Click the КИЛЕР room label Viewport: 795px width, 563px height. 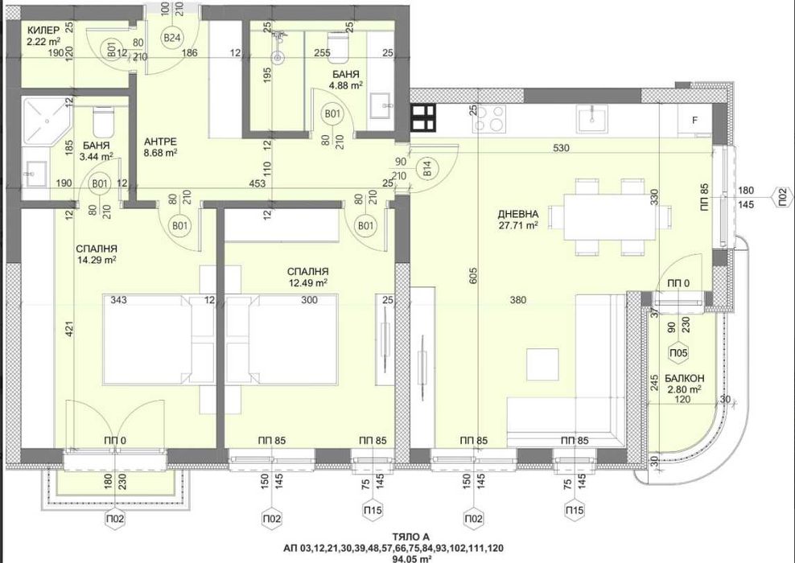click(43, 30)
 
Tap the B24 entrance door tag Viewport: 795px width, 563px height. click(172, 37)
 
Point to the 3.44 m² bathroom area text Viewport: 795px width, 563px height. click(96, 157)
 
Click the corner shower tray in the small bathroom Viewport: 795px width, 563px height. click(44, 120)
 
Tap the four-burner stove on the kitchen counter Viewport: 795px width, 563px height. click(488, 118)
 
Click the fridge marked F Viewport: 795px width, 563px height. click(694, 121)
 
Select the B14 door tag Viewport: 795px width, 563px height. click(427, 169)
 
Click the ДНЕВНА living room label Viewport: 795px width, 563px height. click(517, 215)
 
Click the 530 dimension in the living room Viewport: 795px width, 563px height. click(561, 148)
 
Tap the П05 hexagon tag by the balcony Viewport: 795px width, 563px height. click(678, 353)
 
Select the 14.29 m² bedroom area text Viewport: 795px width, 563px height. click(96, 260)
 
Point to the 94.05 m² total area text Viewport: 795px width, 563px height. click(412, 559)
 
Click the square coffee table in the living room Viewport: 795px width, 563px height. click(542, 364)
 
